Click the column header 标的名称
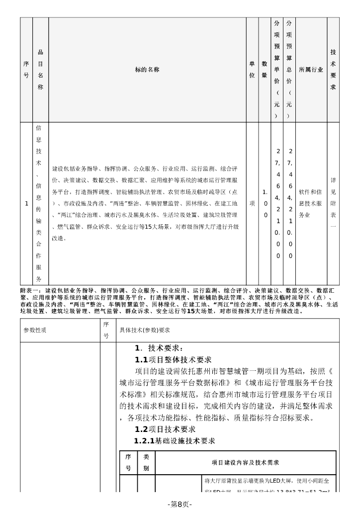(x=147, y=70)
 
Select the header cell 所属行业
(x=311, y=70)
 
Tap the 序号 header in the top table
(x=26, y=70)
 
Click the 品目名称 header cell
(x=40, y=70)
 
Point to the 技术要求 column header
(x=333, y=70)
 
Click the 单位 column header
(x=252, y=70)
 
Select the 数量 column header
(x=265, y=70)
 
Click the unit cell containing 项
(x=252, y=203)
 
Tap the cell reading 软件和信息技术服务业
(x=311, y=203)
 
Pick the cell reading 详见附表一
(x=333, y=203)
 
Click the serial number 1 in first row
(x=26, y=203)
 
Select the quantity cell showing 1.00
(x=265, y=203)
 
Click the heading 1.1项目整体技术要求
(x=173, y=359)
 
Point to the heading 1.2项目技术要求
(x=165, y=429)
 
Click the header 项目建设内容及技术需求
(x=245, y=463)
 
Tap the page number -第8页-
(x=180, y=504)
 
